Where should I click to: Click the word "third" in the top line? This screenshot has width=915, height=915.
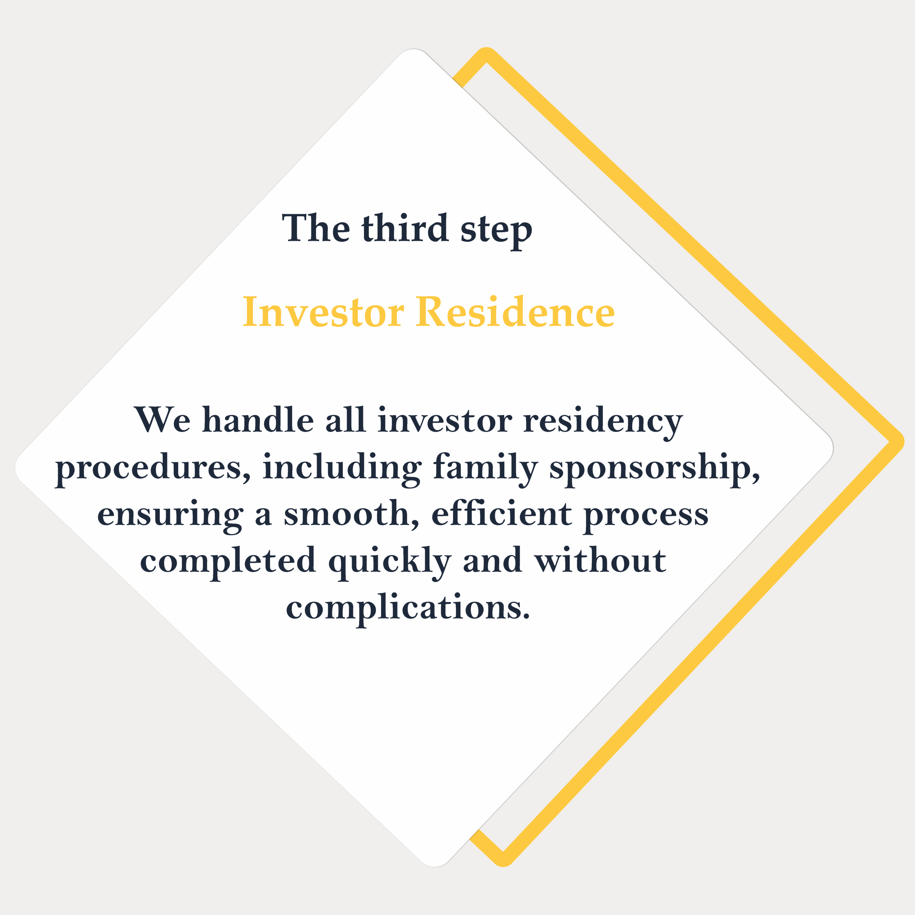pos(405,228)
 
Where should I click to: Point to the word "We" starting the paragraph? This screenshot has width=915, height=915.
pos(162,420)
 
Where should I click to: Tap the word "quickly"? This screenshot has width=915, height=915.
pos(390,561)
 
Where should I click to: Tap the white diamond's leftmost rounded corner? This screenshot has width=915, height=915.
pos(18,467)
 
